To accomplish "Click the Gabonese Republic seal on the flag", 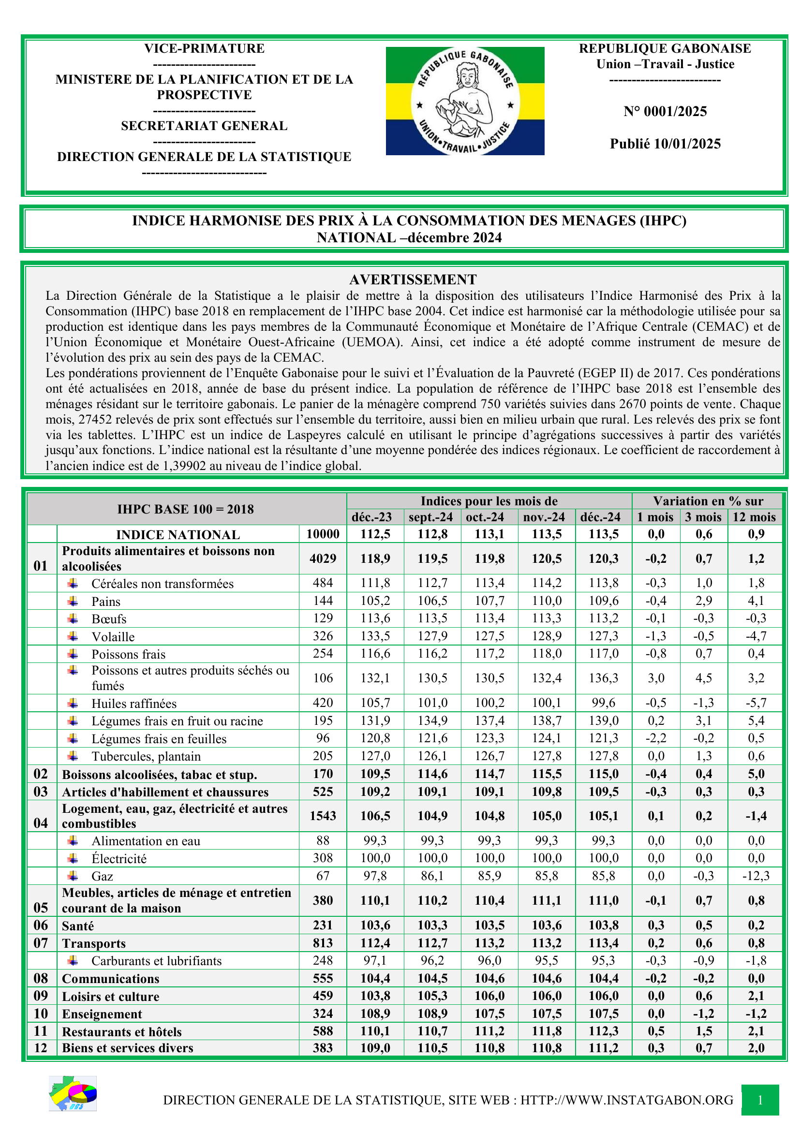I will pyautogui.click(x=465, y=101).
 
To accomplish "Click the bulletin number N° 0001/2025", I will pyautogui.click(x=665, y=111).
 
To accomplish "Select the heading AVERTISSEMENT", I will pyautogui.click(x=413, y=279).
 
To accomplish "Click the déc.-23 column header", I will pyautogui.click(x=371, y=517).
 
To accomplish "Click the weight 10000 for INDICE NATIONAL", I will pyautogui.click(x=323, y=534).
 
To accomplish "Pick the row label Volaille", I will pyautogui.click(x=113, y=636).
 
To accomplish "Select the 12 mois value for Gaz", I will pyautogui.click(x=756, y=876).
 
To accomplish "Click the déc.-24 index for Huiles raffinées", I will pyautogui.click(x=604, y=703).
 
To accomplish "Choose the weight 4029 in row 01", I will pyautogui.click(x=323, y=558).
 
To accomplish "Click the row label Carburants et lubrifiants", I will pyautogui.click(x=157, y=961).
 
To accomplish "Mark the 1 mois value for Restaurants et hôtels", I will pyautogui.click(x=656, y=1031).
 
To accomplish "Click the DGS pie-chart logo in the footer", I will pyautogui.click(x=73, y=1094).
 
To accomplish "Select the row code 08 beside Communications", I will pyautogui.click(x=41, y=978).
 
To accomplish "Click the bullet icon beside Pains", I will pyautogui.click(x=73, y=601).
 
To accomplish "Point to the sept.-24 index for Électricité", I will pyautogui.click(x=432, y=858).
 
